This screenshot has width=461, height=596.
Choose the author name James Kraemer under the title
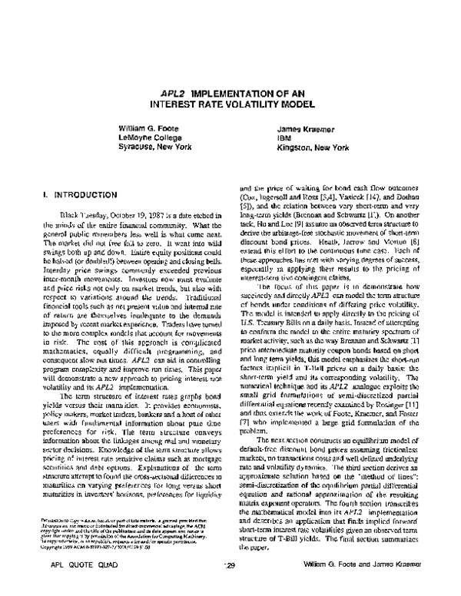305,127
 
